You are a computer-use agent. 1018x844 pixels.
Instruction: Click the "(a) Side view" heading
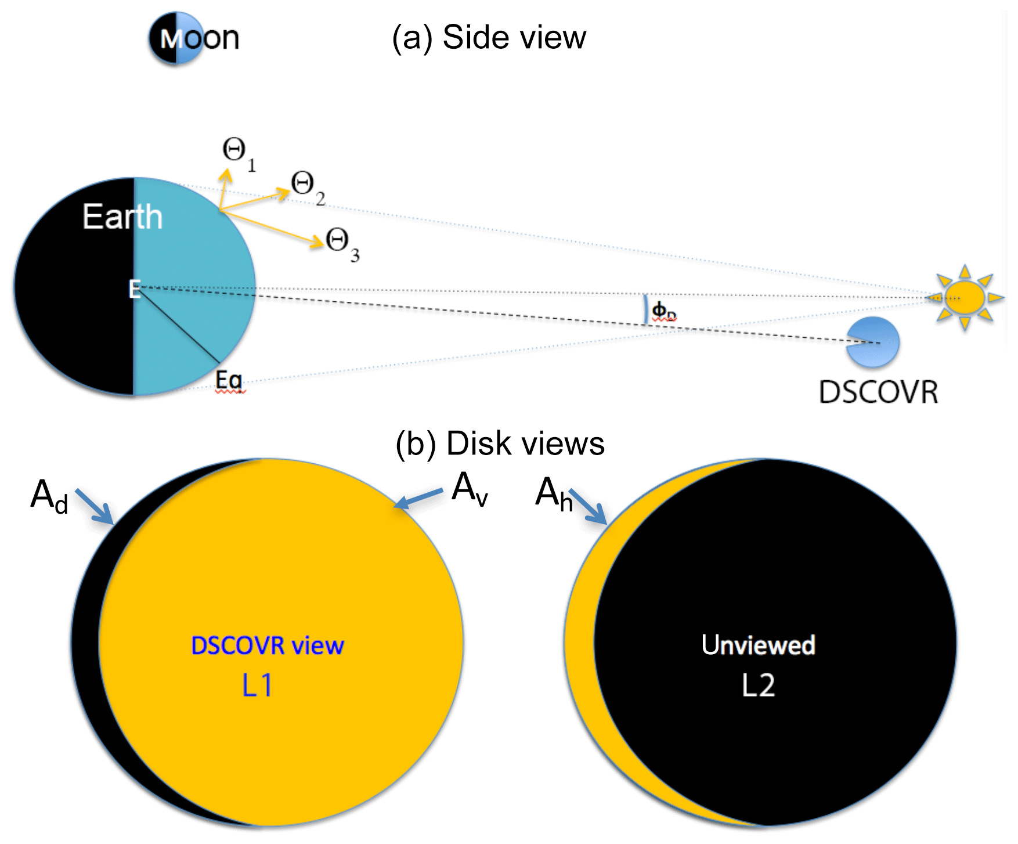489,38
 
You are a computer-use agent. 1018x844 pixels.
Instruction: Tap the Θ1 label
239,154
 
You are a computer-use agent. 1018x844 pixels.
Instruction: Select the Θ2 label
307,187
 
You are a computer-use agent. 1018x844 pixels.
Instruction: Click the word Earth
122,217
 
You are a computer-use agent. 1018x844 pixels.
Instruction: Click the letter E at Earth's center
135,288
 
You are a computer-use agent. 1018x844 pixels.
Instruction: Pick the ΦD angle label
663,311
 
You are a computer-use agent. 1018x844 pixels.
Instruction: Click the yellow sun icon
964,297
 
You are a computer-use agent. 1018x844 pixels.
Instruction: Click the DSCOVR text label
878,392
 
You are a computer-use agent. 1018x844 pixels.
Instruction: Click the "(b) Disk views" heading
500,444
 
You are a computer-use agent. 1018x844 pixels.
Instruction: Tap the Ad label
49,496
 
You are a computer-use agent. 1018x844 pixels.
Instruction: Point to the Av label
470,489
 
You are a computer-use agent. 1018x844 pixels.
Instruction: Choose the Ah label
553,495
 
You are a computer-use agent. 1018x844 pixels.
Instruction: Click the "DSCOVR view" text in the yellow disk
268,645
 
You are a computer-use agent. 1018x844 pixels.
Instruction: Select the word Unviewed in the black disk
758,645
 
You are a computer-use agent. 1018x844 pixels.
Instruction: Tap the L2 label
758,686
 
